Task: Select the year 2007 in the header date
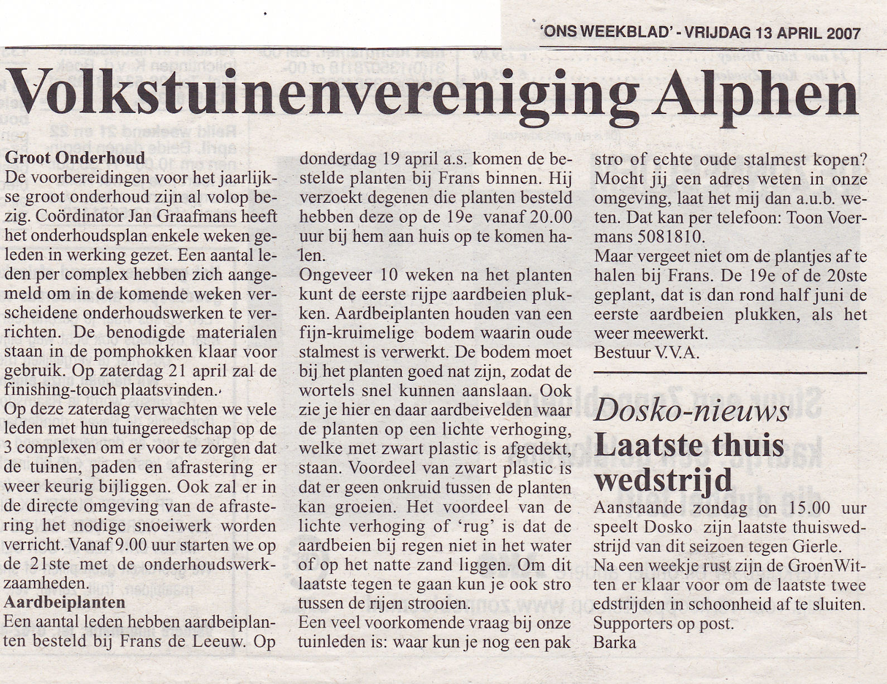click(x=844, y=32)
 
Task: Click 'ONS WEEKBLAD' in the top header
click(x=605, y=32)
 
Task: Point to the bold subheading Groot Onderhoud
click(x=75, y=158)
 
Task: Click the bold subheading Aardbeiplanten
click(x=65, y=603)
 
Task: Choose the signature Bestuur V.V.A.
click(x=647, y=353)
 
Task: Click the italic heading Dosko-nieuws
click(x=691, y=412)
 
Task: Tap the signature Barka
click(x=615, y=642)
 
